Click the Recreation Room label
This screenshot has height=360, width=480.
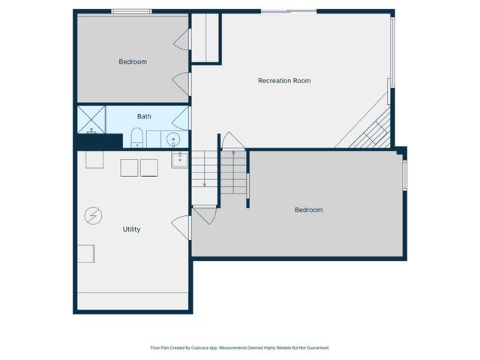[x=284, y=81]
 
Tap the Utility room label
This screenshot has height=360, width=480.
[x=131, y=229]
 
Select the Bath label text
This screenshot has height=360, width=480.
[x=144, y=117]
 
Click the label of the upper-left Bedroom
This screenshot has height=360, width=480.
[x=133, y=62]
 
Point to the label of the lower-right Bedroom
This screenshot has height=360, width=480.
[x=308, y=210]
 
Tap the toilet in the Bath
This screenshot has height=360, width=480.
[x=137, y=138]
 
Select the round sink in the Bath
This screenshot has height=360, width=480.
[x=173, y=139]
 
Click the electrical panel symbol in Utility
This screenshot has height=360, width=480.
[x=93, y=216]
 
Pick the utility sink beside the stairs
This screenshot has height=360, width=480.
[x=179, y=159]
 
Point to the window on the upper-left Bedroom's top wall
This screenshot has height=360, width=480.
[x=131, y=11]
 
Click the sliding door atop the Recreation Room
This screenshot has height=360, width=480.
[x=288, y=11]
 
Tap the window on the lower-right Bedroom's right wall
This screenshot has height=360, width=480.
[x=404, y=174]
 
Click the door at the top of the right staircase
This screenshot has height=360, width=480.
[x=232, y=141]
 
